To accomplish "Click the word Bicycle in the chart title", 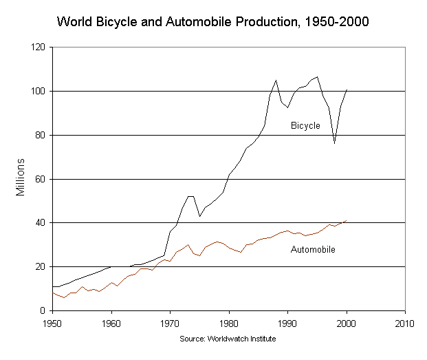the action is pos(116,22).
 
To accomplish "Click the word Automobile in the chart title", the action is pos(199,21).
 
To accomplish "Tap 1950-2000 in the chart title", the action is pos(337,21).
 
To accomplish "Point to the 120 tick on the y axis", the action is pos(38,47).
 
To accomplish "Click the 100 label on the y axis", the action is pos(38,91).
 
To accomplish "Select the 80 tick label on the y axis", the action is pos(41,135).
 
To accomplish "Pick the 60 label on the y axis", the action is pos(41,179).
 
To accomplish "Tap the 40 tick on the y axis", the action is pos(41,222).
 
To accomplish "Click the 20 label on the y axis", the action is pos(41,266).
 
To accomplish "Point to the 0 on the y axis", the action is pos(43,310).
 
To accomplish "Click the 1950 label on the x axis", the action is pos(52,324).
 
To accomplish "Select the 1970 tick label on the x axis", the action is pos(170,324).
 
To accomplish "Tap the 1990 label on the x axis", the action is pos(287,324).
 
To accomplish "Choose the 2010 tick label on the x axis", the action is pos(405,324).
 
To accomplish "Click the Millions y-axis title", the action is pos(20,177).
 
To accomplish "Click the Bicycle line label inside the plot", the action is pos(305,125).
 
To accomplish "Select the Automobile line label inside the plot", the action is pos(313,249).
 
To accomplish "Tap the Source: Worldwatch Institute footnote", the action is pos(228,339).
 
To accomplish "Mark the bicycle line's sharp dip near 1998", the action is pos(334,142).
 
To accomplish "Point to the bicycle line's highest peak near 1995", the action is pos(317,77).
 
